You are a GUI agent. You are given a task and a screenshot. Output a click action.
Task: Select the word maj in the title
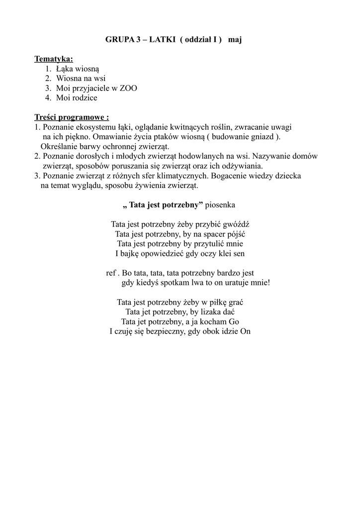coord(235,40)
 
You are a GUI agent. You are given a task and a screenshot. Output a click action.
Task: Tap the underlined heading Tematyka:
coord(53,60)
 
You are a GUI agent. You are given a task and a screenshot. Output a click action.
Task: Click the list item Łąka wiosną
coord(78,69)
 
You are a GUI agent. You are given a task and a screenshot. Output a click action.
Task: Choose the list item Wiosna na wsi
coord(81,79)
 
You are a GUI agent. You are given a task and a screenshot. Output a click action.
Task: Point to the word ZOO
coord(128,88)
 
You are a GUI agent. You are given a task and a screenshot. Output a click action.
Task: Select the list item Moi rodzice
coord(77,97)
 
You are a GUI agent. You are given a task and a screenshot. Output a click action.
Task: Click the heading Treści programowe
coord(71,118)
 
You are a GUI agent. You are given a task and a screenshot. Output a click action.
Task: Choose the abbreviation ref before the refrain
coord(111,273)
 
